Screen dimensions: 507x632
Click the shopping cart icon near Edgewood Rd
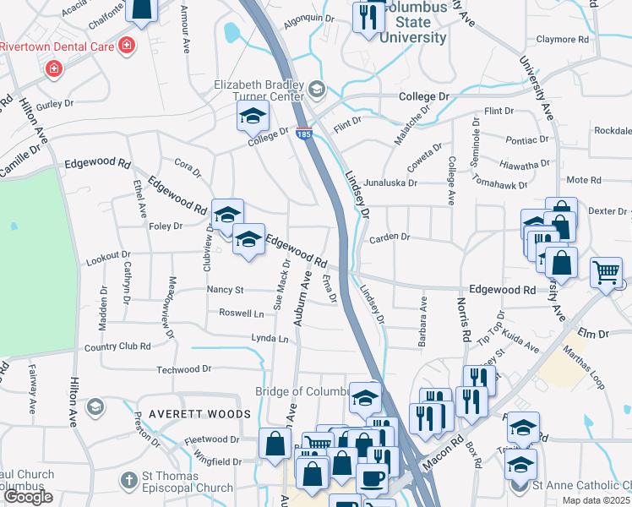[x=607, y=273]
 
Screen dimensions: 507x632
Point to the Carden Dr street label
[x=389, y=237]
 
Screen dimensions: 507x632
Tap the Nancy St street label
[x=225, y=290]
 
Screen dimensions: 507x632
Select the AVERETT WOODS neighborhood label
[x=199, y=414]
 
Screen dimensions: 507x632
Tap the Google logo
[x=28, y=497]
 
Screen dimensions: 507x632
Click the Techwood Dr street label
[x=183, y=369]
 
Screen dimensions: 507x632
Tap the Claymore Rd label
[x=562, y=40]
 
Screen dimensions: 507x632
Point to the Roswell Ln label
[x=241, y=313]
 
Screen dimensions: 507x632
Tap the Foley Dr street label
[x=166, y=226]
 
